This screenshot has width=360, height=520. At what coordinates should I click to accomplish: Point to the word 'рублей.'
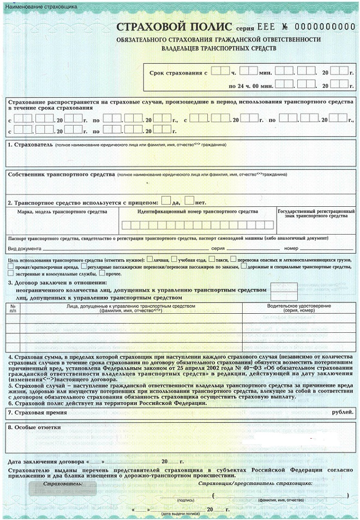tap(343, 413)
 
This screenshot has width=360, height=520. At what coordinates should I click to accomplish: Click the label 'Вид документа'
tap(25, 248)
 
